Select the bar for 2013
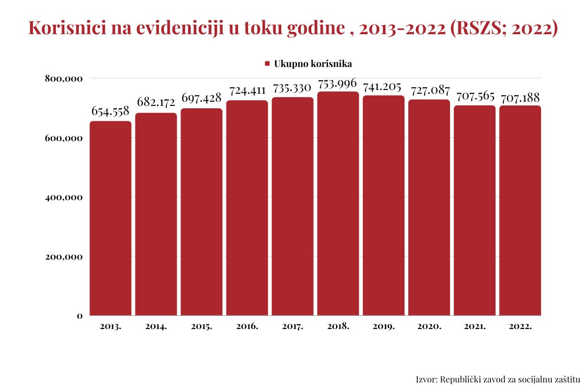click(111, 218)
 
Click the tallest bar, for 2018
click(338, 203)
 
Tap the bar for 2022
click(520, 210)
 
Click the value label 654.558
click(110, 111)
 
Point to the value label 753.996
click(338, 83)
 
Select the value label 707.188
click(520, 98)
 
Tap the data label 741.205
click(383, 87)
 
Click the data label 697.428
click(201, 98)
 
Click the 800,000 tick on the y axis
click(64, 78)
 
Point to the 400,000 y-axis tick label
click(64, 197)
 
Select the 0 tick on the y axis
click(80, 316)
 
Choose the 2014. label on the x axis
click(156, 327)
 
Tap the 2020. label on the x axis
click(429, 327)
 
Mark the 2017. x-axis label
click(293, 327)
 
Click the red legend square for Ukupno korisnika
click(267, 63)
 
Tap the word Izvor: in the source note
click(427, 379)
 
